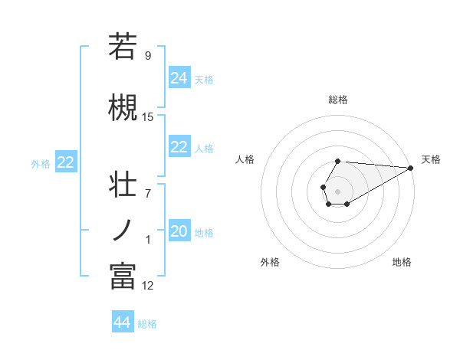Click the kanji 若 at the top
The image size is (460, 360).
pos(123,47)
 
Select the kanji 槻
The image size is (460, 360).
pos(123,107)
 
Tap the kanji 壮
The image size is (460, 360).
pos(123,185)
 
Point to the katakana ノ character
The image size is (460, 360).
pos(123,230)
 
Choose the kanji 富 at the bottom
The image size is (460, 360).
pos(123,276)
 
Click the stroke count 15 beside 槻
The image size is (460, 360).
pos(148,117)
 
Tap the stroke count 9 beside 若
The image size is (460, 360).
pos(148,55)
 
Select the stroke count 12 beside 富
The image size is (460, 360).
pos(148,286)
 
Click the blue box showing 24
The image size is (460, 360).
pos(179,77)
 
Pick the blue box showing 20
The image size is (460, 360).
pos(179,232)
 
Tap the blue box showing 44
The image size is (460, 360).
pos(123,322)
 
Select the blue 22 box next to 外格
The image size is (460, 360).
pos(66,162)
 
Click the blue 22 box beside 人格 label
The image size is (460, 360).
pos(179,148)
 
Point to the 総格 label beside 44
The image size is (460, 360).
pos(147,324)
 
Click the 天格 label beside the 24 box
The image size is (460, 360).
pos(204,79)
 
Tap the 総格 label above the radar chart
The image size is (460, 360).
pos(338,100)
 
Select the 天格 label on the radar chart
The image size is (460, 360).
pos(432,159)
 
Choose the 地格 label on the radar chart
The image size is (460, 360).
pos(402,262)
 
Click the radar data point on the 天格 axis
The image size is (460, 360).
pos(411,167)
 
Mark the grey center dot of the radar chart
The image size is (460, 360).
pos(337,190)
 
